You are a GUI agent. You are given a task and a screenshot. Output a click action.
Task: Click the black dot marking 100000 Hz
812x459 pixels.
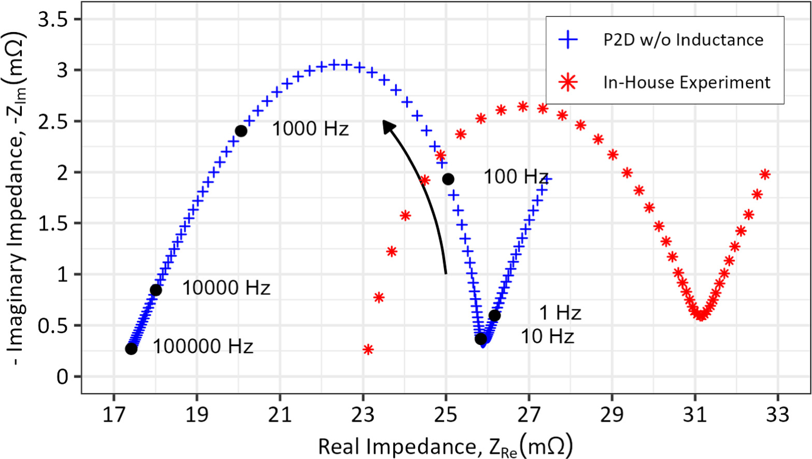131,349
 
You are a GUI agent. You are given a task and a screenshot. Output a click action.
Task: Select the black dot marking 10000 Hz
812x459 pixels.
155,290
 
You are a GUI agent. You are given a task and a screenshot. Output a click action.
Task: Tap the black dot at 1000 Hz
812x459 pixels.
241,131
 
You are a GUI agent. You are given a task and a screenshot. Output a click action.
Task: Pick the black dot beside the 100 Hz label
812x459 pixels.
448,179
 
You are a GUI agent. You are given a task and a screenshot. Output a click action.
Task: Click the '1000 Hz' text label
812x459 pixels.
310,128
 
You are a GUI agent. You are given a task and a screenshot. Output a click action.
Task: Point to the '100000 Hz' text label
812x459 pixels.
203,346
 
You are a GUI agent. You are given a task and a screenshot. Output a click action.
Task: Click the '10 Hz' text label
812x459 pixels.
547,337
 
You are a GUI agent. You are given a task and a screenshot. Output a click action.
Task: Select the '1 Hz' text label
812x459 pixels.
560,313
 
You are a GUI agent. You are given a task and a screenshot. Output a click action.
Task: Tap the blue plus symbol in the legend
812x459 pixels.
568,40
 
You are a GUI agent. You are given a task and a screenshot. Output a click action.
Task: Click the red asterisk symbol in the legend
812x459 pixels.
568,82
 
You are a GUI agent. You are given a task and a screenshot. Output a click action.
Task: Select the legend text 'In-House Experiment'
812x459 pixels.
687,82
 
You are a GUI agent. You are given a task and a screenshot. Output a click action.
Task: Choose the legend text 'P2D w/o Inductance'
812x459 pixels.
683,40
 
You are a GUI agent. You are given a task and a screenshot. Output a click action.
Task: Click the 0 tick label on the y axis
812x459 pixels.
62,377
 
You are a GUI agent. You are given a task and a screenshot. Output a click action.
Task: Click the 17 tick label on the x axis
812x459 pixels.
113,414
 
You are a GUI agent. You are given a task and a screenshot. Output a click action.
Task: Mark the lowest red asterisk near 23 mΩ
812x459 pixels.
368,350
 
